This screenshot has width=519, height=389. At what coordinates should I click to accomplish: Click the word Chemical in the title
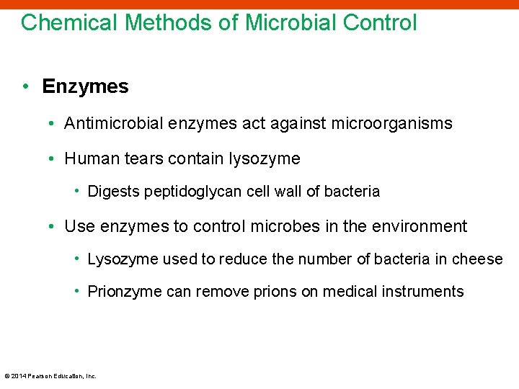pyautogui.click(x=69, y=23)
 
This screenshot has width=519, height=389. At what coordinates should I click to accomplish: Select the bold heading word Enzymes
pyautogui.click(x=85, y=86)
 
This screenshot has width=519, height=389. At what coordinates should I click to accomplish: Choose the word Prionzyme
pyautogui.click(x=121, y=292)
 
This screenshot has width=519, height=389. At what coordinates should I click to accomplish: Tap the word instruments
pyautogui.click(x=426, y=292)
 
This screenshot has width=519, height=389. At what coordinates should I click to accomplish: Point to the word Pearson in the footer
pyautogui.click(x=40, y=376)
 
